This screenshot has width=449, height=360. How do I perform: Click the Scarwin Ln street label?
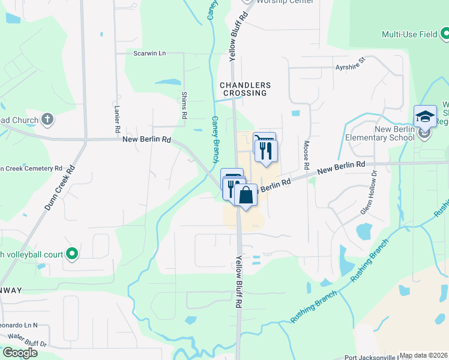point(149,53)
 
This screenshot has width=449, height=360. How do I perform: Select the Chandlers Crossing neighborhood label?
point(245,89)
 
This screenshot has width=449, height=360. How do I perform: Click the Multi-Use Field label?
point(409,34)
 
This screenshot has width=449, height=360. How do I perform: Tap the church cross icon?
point(48,119)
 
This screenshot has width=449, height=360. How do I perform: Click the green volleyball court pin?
point(72,254)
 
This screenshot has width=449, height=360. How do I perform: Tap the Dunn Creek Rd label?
point(62,187)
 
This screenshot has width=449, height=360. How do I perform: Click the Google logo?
point(20,353)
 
